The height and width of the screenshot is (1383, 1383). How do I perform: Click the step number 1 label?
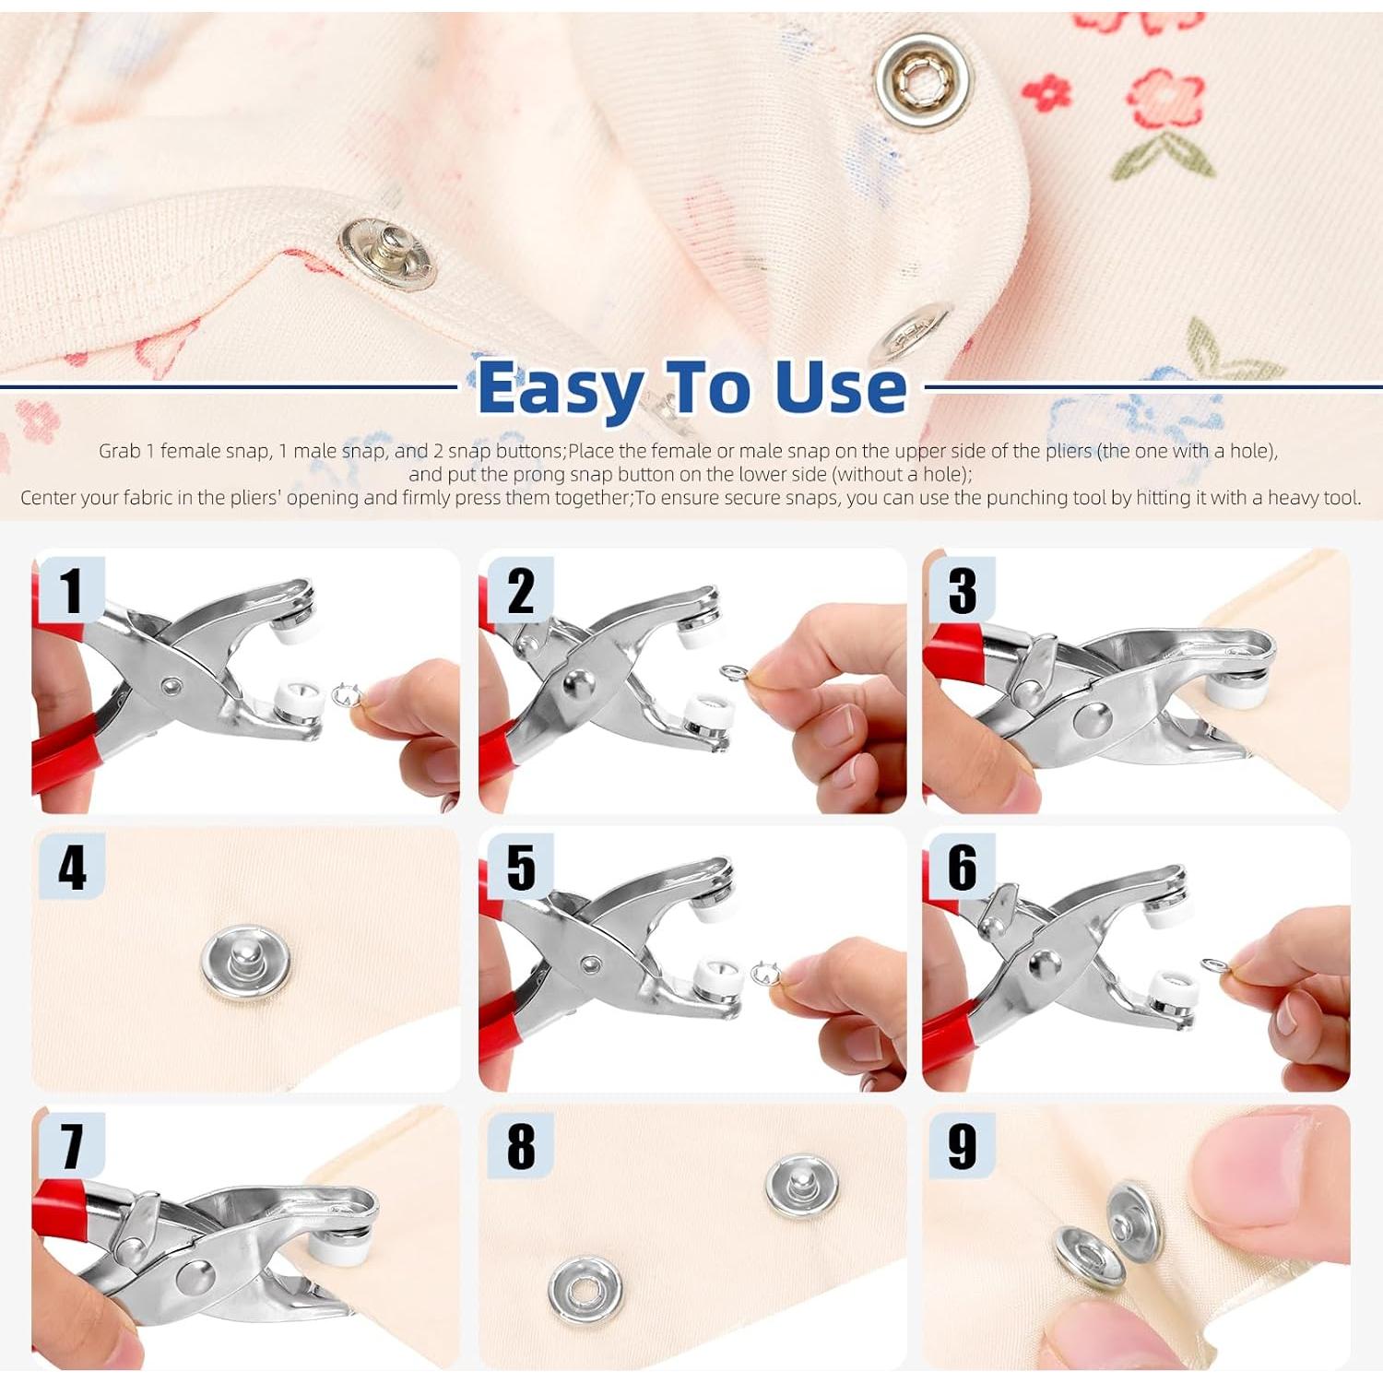coord(71,590)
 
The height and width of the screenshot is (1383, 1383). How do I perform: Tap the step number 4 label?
coord(72,868)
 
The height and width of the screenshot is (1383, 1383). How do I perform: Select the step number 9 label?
coord(962,1146)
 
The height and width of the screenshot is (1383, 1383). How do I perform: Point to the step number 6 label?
coord(962,867)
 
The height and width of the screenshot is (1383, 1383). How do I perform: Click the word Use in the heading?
coord(841,387)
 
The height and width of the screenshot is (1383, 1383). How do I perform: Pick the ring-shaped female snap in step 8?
coord(585,1290)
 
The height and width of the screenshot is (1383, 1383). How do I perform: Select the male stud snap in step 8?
coord(802,1185)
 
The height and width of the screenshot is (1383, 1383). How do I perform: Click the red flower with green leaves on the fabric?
coord(1164,121)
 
